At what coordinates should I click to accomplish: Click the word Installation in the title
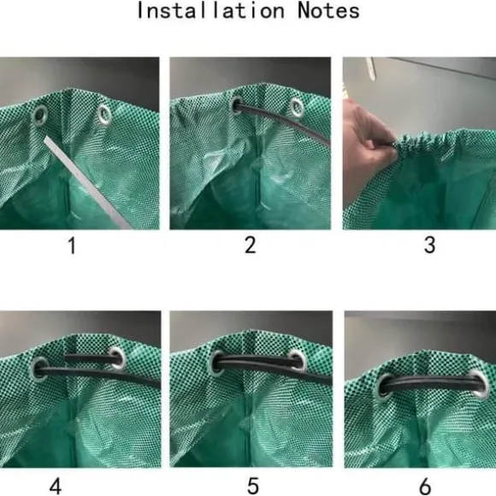click(210, 10)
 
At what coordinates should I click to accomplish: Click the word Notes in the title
click(328, 11)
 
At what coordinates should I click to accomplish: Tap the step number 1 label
click(72, 245)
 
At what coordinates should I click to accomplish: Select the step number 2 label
click(250, 245)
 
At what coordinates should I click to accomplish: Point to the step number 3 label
click(429, 245)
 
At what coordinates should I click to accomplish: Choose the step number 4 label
click(56, 487)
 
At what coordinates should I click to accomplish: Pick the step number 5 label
click(253, 486)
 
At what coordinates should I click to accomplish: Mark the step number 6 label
click(425, 487)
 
